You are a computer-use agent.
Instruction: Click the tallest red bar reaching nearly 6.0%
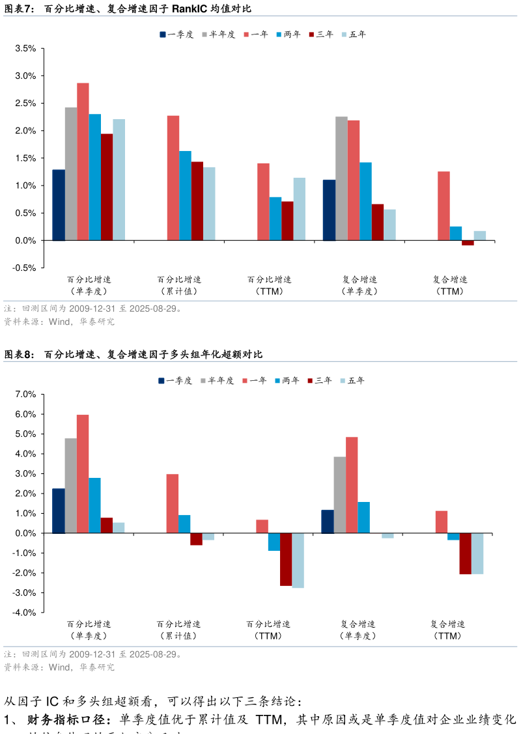tap(83, 474)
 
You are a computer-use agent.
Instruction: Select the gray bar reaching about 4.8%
tap(70, 486)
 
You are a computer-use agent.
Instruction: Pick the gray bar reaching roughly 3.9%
tap(340, 495)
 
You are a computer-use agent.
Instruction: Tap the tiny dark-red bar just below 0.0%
tap(468, 243)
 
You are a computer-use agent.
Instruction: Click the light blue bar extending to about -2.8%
tap(298, 561)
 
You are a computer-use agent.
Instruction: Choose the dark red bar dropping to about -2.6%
tap(286, 559)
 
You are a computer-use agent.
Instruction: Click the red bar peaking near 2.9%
tap(83, 161)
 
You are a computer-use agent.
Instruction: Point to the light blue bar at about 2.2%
tap(119, 180)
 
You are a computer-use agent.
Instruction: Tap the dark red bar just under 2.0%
tap(107, 187)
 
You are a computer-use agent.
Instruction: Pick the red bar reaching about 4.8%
tap(352, 485)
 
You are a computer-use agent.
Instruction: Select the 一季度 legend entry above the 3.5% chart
tap(176, 35)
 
